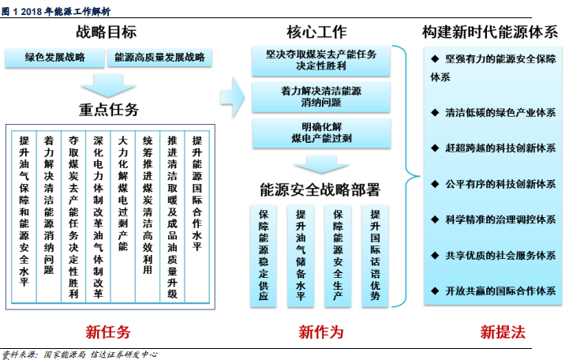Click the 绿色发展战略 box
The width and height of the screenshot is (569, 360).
click(54, 58)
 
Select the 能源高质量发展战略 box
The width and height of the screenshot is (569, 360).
click(159, 58)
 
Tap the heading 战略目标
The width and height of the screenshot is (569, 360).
click(106, 32)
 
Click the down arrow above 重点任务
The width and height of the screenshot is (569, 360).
click(108, 85)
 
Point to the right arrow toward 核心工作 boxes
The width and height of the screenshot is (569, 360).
click(233, 97)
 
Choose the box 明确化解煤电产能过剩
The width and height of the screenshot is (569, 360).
click(321, 133)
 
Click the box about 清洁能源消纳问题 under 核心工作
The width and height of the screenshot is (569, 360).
click(321, 97)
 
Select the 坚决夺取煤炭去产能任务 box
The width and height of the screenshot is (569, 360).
click(321, 61)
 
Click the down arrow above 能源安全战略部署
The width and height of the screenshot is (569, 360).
click(321, 164)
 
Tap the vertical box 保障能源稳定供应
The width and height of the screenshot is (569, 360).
click(264, 256)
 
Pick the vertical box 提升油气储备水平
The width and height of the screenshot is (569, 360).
click(301, 256)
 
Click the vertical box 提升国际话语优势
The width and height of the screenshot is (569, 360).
click(375, 256)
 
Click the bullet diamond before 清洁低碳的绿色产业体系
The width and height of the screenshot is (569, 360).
click(435, 112)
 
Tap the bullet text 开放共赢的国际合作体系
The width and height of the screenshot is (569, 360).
click(501, 291)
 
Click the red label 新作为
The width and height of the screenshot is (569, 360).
click(321, 332)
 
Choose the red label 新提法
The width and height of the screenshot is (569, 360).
click(503, 332)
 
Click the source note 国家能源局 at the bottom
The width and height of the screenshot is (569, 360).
click(64, 354)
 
